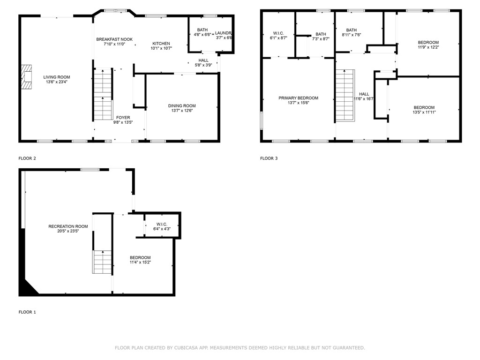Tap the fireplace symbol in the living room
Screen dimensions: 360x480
[26, 77]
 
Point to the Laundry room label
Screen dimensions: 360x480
[223, 33]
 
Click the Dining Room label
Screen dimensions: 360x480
[182, 106]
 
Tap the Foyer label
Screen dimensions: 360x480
[123, 118]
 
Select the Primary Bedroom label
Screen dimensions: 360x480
[298, 98]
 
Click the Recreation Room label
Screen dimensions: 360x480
[68, 226]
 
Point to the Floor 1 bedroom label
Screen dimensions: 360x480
[140, 257]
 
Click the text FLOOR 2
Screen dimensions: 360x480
[27, 158]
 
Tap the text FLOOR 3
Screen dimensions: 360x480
[269, 158]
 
